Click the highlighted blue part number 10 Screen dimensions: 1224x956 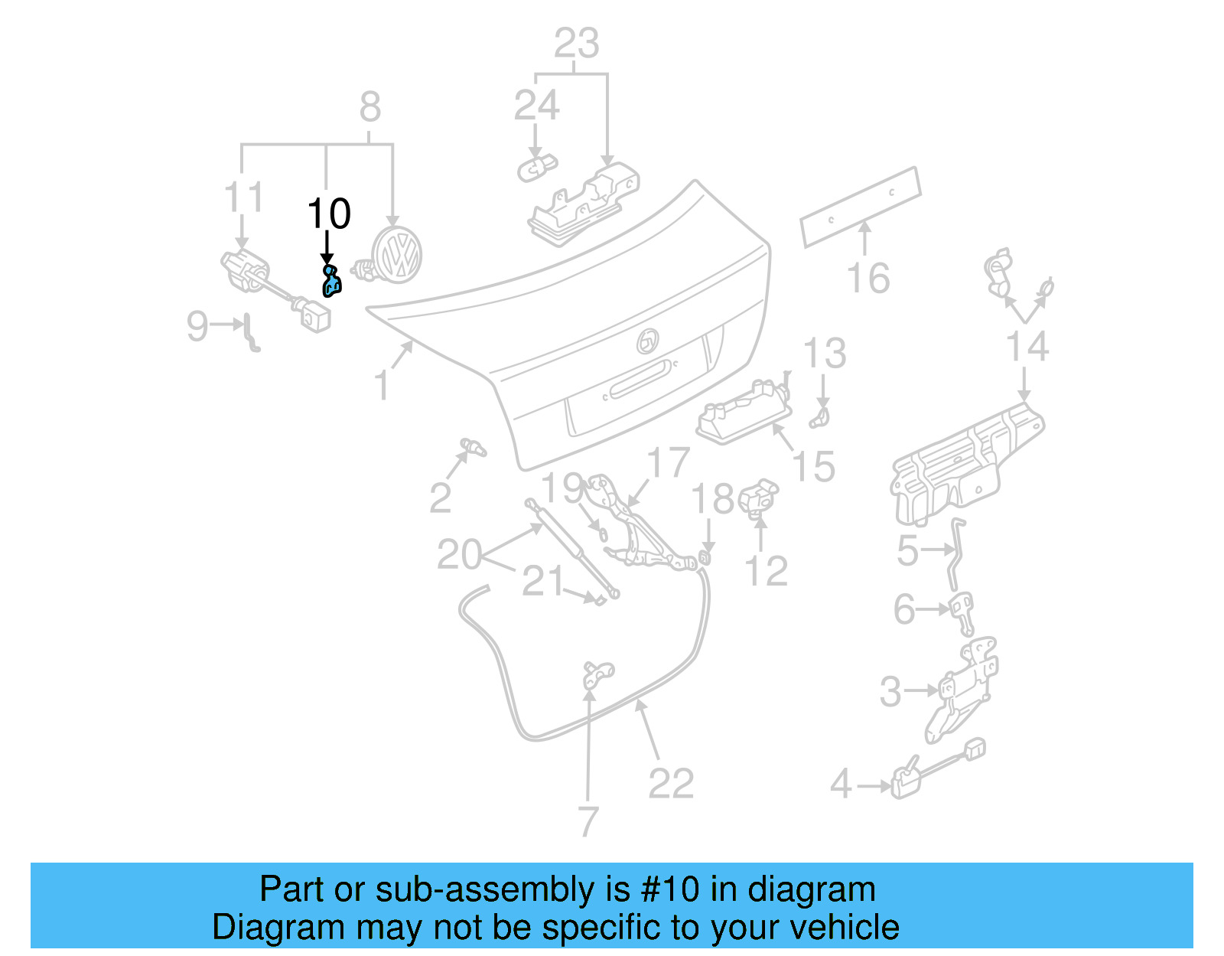click(331, 281)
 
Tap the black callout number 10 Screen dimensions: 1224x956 click(329, 214)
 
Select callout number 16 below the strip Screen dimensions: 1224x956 click(868, 278)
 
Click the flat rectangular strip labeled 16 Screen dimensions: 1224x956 click(861, 206)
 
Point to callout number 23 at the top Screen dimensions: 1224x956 click(576, 44)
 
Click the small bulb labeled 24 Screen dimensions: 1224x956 click(536, 166)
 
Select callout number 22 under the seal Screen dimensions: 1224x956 click(671, 783)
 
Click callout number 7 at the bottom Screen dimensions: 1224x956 click(588, 821)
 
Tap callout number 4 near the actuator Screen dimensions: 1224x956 click(841, 784)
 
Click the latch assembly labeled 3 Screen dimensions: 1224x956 click(961, 689)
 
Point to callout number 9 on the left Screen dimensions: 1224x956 click(197, 326)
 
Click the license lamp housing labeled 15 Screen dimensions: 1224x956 click(742, 413)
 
